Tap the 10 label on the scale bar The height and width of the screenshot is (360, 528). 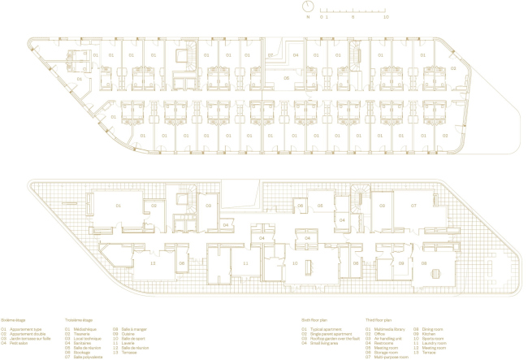click(x=386, y=16)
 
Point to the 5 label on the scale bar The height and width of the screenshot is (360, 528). click(x=353, y=16)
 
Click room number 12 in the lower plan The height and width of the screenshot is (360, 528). click(x=152, y=262)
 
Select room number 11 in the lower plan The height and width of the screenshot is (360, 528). click(x=245, y=263)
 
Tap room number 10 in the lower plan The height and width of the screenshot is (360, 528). click(x=296, y=263)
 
